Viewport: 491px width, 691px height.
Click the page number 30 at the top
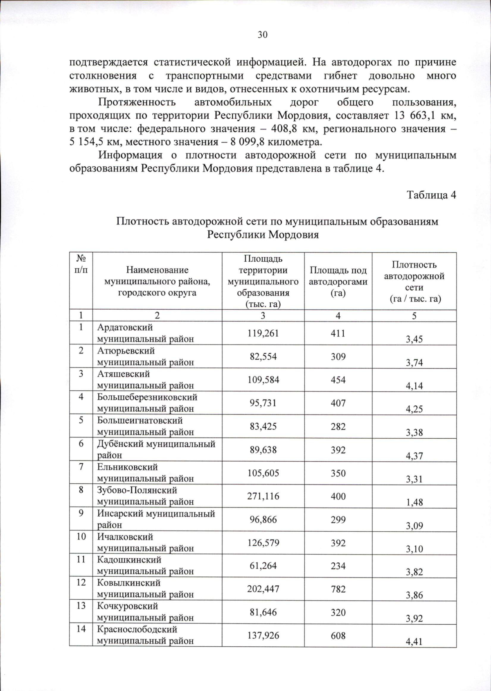(x=262, y=35)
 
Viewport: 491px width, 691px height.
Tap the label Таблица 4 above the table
(x=431, y=195)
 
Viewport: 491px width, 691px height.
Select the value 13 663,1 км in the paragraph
(x=425, y=116)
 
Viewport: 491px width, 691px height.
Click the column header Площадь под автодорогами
(x=338, y=281)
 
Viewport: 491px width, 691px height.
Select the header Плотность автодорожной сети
(x=414, y=281)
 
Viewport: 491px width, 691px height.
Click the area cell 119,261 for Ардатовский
(x=263, y=333)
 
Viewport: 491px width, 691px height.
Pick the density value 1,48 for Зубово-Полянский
(x=414, y=502)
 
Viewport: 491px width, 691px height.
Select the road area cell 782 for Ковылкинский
(x=338, y=589)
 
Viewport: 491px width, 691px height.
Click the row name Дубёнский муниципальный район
(x=156, y=449)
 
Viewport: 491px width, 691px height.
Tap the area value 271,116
(x=263, y=496)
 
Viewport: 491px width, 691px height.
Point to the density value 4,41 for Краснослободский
(x=414, y=641)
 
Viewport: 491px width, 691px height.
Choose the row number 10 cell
(x=81, y=536)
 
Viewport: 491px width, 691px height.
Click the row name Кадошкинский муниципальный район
(x=145, y=565)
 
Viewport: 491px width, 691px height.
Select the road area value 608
(x=338, y=636)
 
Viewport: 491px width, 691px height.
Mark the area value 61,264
(x=263, y=566)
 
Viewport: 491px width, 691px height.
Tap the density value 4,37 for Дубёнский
(x=414, y=456)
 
